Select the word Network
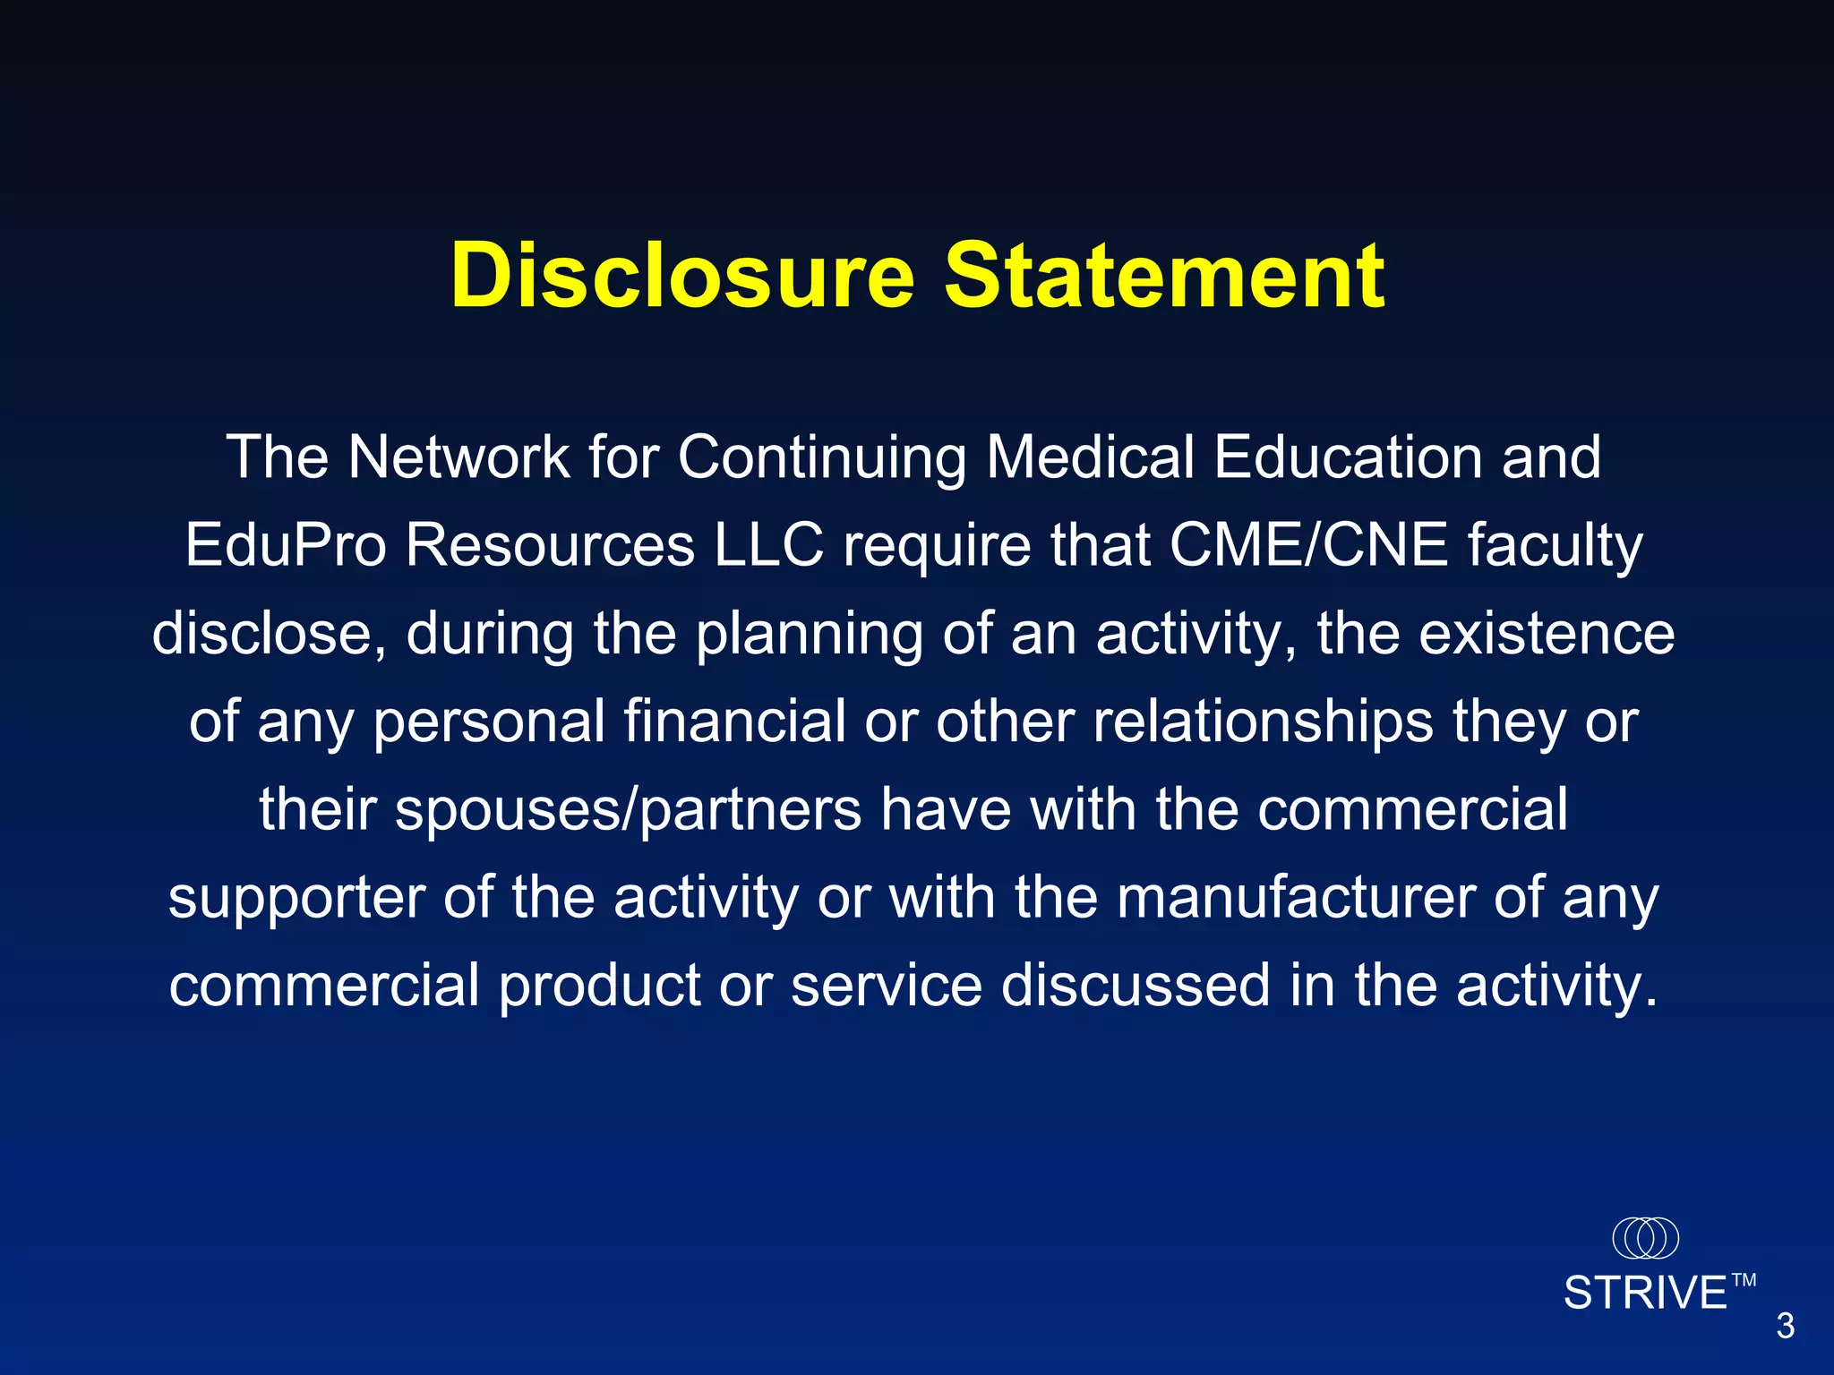pyautogui.click(x=458, y=457)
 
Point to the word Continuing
pyautogui.click(x=821, y=459)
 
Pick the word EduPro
pyautogui.click(x=286, y=545)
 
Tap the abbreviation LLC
pyautogui.click(x=768, y=545)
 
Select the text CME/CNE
pyautogui.click(x=1308, y=545)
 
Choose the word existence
pyautogui.click(x=1547, y=633)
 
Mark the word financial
pyautogui.click(x=734, y=721)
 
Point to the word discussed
pyautogui.click(x=1136, y=985)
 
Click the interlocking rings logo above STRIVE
pyautogui.click(x=1645, y=1238)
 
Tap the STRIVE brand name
pyautogui.click(x=1645, y=1294)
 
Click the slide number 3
pyautogui.click(x=1786, y=1326)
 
